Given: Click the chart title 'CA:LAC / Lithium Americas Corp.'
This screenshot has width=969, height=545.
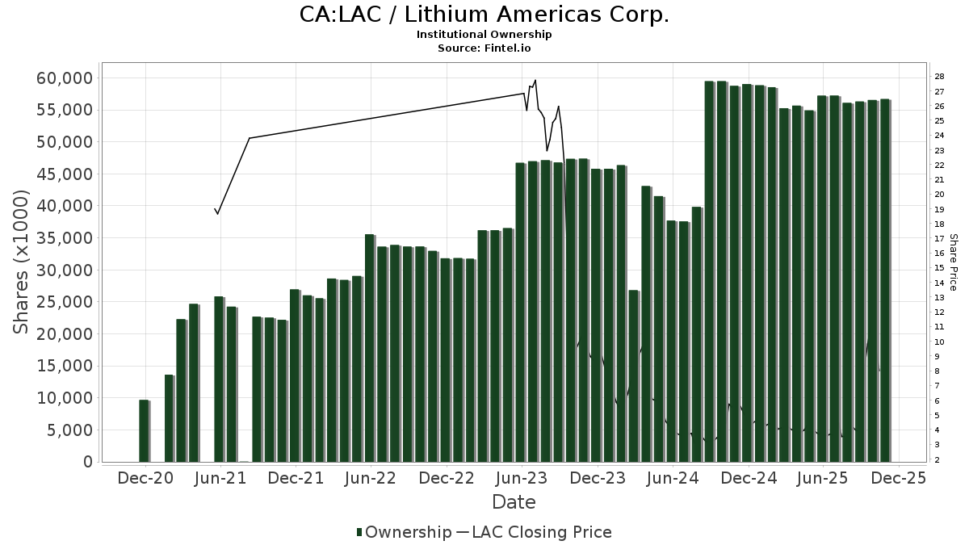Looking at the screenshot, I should point(484,15).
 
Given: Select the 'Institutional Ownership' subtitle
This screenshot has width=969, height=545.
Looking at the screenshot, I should point(484,35).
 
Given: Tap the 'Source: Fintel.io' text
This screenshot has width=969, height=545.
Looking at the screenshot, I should point(484,48).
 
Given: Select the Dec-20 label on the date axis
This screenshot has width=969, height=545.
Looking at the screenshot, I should point(145,479).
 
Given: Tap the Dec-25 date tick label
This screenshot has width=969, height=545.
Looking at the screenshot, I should point(898,479).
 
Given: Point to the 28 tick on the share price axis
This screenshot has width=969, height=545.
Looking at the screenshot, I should point(940,76).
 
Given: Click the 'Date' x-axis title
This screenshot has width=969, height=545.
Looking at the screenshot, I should point(514,502).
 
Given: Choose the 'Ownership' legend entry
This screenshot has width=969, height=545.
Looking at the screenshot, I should point(404,532).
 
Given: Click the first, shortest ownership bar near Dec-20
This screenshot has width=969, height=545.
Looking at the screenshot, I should point(144,431).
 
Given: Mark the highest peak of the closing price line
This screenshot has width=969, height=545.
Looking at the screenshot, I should point(535,80).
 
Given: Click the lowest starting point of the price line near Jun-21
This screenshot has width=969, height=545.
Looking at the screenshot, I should point(217,213).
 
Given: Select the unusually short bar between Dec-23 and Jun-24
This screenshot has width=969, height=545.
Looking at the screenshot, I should point(633,375).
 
